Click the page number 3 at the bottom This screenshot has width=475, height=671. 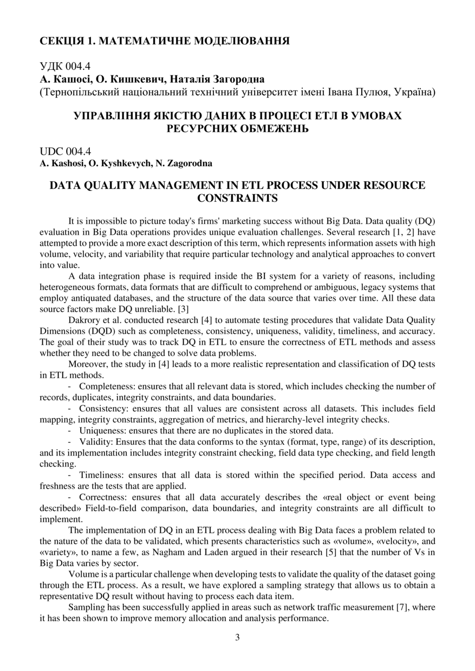coord(237,637)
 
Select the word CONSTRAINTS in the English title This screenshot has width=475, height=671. coord(237,198)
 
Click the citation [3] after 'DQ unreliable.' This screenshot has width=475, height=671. coord(184,309)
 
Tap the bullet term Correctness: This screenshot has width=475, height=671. coord(105,497)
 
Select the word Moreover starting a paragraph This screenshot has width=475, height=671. coord(88,364)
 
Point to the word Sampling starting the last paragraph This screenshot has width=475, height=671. coord(85,607)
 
